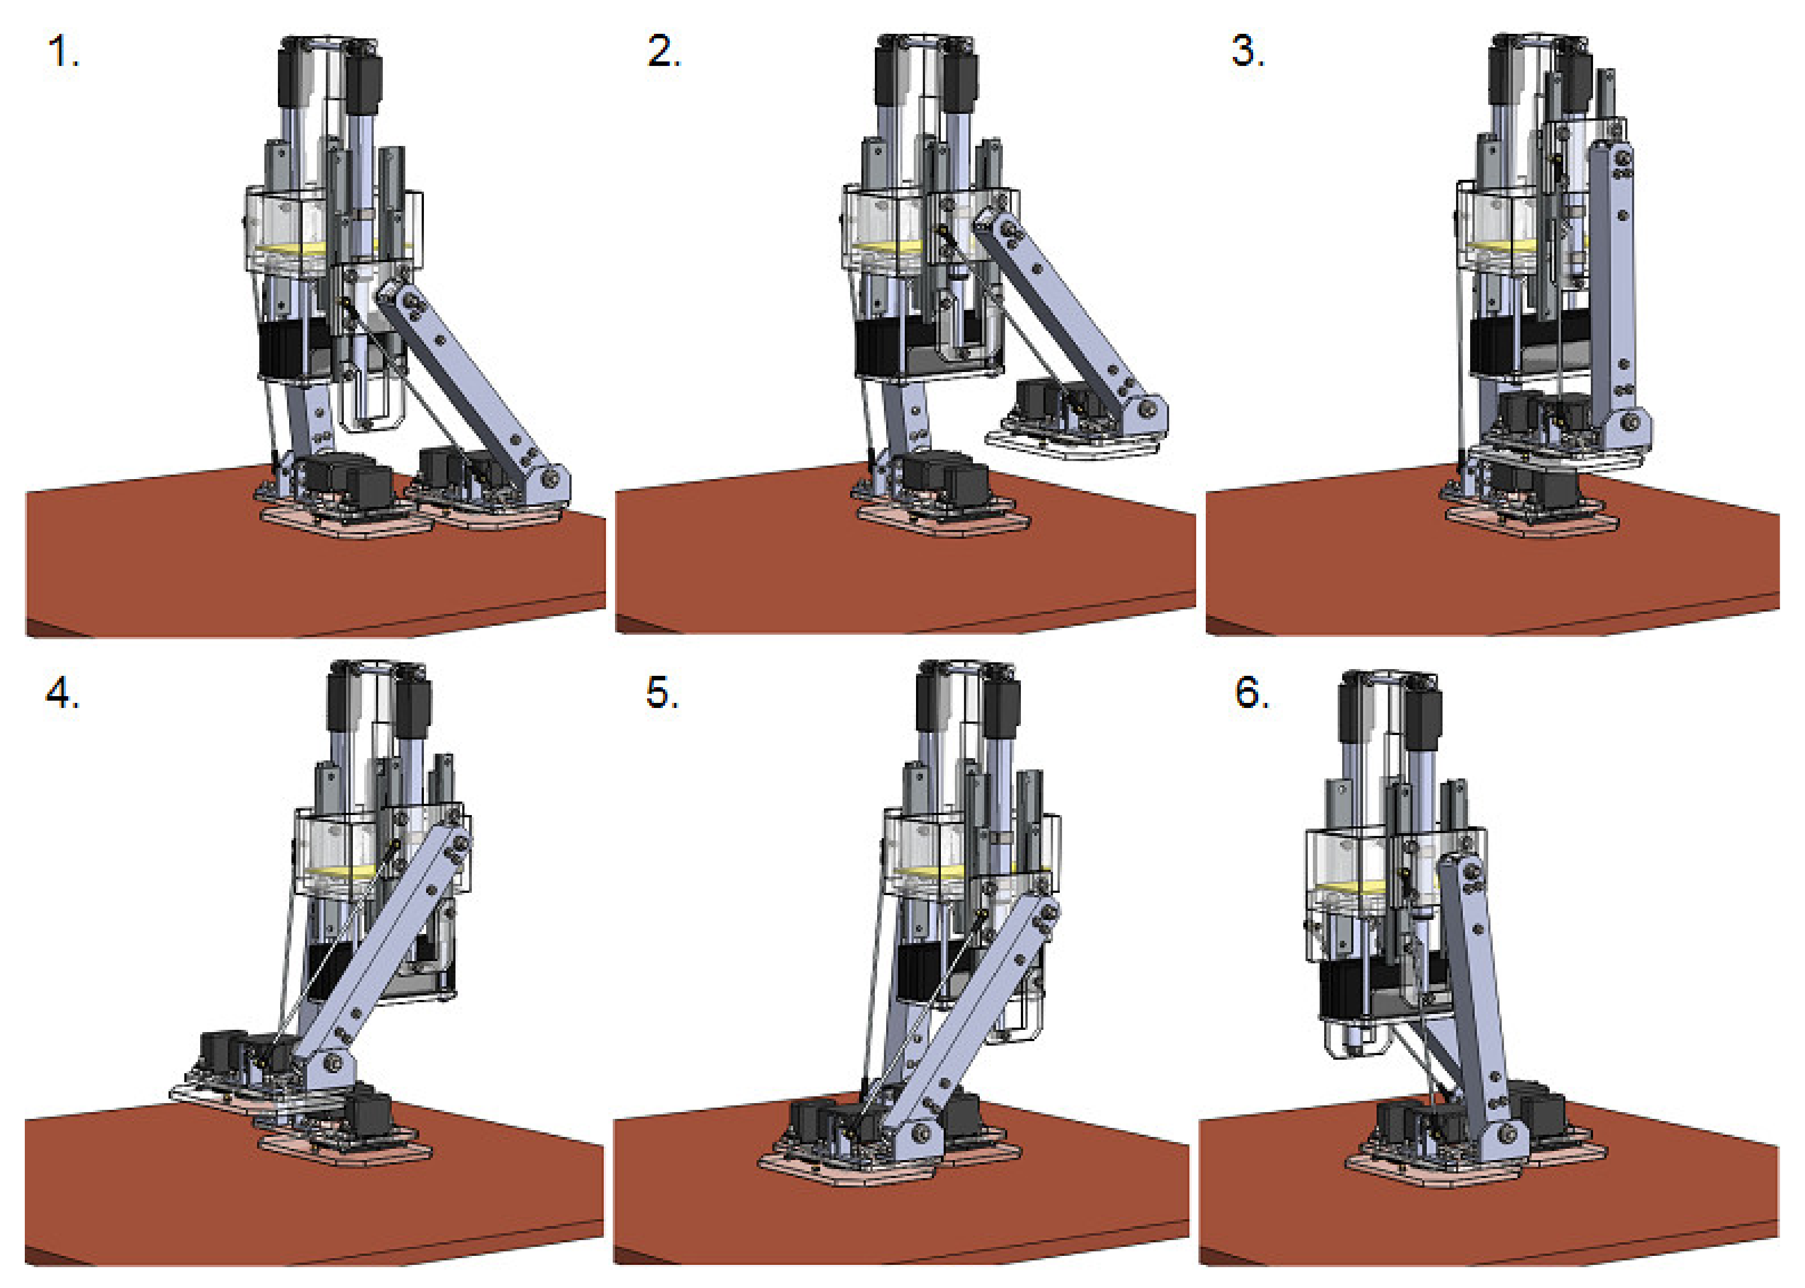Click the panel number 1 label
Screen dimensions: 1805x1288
tap(64, 52)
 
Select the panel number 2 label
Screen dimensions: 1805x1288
tap(664, 52)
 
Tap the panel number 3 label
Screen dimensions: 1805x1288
tap(1247, 52)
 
